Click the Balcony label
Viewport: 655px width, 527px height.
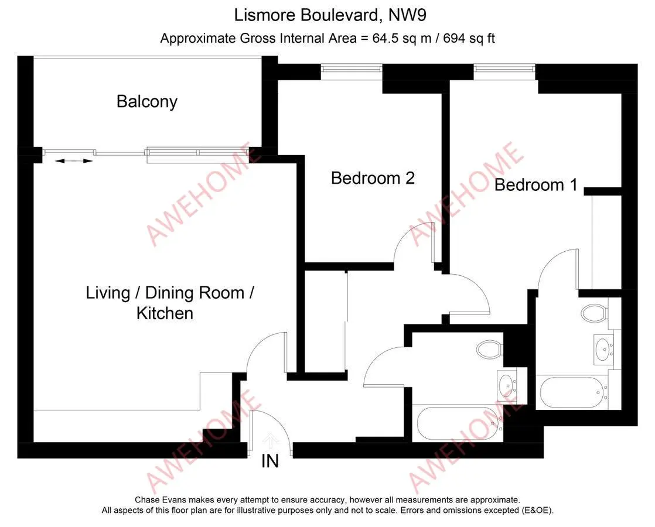pyautogui.click(x=147, y=102)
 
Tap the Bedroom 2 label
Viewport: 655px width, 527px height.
pyautogui.click(x=373, y=179)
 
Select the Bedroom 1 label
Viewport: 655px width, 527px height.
pyautogui.click(x=536, y=185)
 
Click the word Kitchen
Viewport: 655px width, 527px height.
pyautogui.click(x=165, y=313)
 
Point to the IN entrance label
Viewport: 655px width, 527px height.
pyautogui.click(x=270, y=461)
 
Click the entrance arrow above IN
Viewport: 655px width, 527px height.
pyautogui.click(x=271, y=441)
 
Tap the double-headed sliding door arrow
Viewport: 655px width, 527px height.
pyautogui.click(x=73, y=161)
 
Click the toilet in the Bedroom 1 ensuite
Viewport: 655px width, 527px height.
pyautogui.click(x=594, y=313)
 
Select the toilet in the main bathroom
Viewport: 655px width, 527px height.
pyautogui.click(x=490, y=349)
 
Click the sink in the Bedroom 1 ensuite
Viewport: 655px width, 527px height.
pyautogui.click(x=602, y=348)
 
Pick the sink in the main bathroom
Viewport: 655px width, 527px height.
pyautogui.click(x=506, y=384)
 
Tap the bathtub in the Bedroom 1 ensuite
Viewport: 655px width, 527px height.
pyautogui.click(x=572, y=392)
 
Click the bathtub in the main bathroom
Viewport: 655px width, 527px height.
pyautogui.click(x=459, y=423)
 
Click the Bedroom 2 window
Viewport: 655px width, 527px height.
pyautogui.click(x=352, y=71)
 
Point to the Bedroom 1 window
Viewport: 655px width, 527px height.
pyautogui.click(x=504, y=71)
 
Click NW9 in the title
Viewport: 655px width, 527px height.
pyautogui.click(x=407, y=15)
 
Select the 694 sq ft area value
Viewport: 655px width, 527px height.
pyautogui.click(x=469, y=39)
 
